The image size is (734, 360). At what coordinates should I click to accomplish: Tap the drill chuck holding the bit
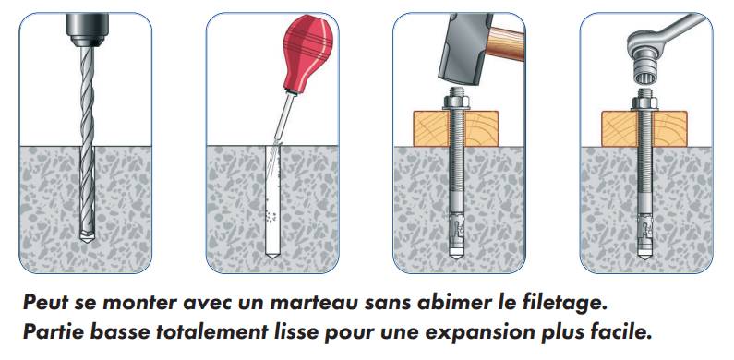coord(88,30)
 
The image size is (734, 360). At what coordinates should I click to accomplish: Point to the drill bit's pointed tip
coord(87,240)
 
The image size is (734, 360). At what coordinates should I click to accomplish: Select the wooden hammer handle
coord(506,43)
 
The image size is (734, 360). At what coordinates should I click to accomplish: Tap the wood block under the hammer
coord(455,128)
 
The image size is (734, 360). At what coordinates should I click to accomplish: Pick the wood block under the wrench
coord(644,128)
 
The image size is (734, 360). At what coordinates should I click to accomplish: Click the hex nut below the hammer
coord(456,101)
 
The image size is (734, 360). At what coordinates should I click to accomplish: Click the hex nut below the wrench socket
coord(644,102)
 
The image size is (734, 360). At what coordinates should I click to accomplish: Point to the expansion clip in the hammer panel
coord(456,228)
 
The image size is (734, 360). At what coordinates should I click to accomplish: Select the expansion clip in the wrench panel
coord(644,227)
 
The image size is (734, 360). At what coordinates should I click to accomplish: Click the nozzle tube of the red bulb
coord(285,117)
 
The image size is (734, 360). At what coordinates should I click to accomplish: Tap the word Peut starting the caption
coord(46,303)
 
